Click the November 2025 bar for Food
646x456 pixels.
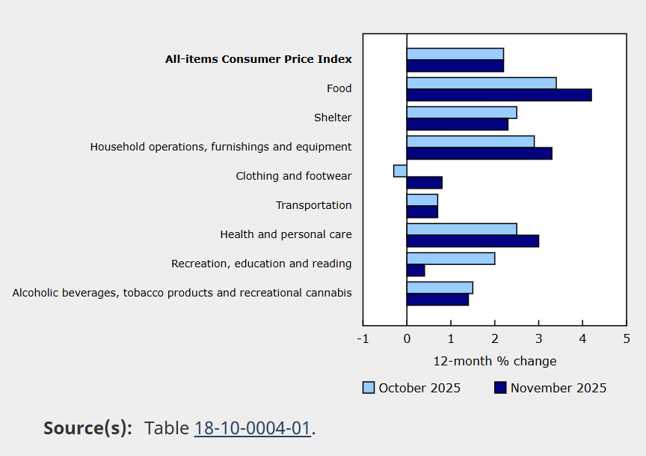(499, 95)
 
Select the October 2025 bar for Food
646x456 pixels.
(482, 83)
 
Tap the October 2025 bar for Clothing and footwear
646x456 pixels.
(400, 171)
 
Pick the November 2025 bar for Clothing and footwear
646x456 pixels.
(425, 183)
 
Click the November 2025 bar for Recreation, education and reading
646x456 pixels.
(416, 270)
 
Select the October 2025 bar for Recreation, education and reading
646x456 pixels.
(451, 258)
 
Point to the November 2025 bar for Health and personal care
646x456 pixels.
(473, 241)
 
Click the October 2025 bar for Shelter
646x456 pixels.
(461, 112)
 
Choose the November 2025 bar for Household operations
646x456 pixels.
(479, 153)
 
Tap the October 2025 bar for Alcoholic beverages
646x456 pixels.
(440, 288)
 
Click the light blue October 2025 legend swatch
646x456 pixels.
(369, 388)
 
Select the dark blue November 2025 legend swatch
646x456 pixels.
(500, 388)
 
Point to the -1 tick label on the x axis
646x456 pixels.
(363, 339)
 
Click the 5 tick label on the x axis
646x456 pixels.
(627, 339)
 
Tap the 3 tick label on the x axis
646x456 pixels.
(538, 339)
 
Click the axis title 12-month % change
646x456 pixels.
(495, 362)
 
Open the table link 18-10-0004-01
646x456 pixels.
(252, 428)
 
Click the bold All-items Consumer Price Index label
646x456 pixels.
(258, 59)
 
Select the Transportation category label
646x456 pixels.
(313, 205)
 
